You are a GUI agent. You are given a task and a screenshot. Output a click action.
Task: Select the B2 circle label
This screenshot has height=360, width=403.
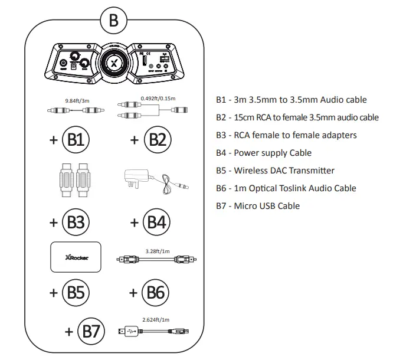coord(158,140)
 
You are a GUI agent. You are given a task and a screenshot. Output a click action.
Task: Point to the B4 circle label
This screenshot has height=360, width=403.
coord(158,222)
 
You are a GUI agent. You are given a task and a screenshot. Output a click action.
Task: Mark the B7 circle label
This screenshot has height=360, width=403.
coord(93,332)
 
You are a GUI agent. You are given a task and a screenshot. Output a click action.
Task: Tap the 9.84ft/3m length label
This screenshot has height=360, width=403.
coord(77,100)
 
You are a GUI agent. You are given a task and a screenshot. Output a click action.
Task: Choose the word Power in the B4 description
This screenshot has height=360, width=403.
coord(245,153)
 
